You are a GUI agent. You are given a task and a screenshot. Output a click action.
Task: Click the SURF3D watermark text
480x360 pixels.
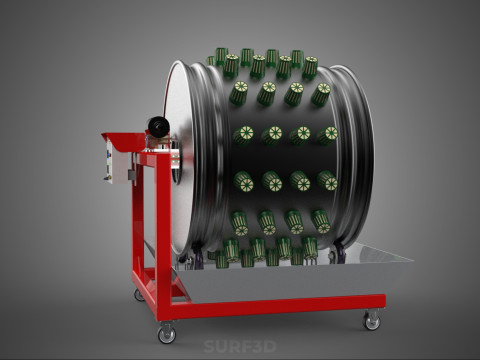click(x=240, y=346)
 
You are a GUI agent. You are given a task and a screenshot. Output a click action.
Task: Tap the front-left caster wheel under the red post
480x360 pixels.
click(x=167, y=333)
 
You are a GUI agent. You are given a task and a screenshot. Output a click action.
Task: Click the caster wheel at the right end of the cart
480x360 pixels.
click(x=372, y=321)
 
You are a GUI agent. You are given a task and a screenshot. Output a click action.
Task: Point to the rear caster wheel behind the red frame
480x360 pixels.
click(x=139, y=295)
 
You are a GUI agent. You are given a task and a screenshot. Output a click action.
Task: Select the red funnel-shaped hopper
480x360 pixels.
click(x=124, y=142)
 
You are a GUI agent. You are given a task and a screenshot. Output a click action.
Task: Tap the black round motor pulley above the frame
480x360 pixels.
click(x=159, y=126)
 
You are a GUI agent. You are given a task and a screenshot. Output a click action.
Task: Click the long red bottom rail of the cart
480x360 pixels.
click(x=277, y=306)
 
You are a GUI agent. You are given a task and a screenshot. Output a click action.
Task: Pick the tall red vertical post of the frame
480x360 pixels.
click(x=163, y=233)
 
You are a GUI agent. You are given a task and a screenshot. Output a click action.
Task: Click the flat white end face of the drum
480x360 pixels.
click(x=182, y=157)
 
